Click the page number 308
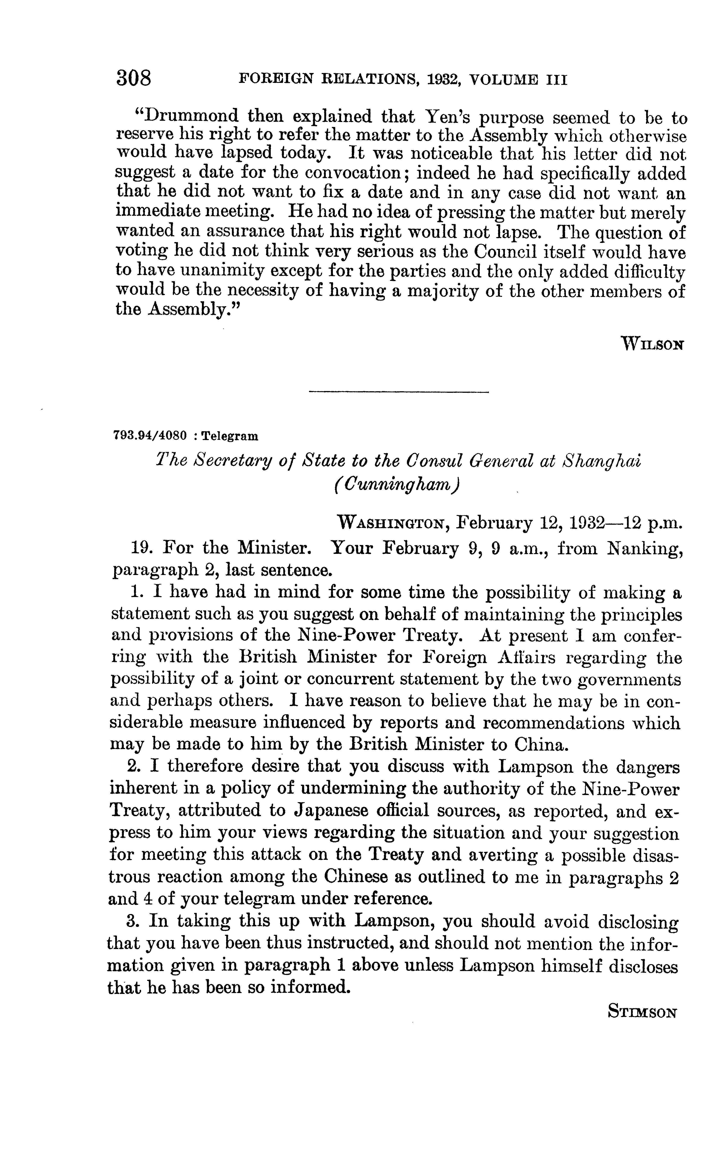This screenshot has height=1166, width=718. (133, 78)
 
